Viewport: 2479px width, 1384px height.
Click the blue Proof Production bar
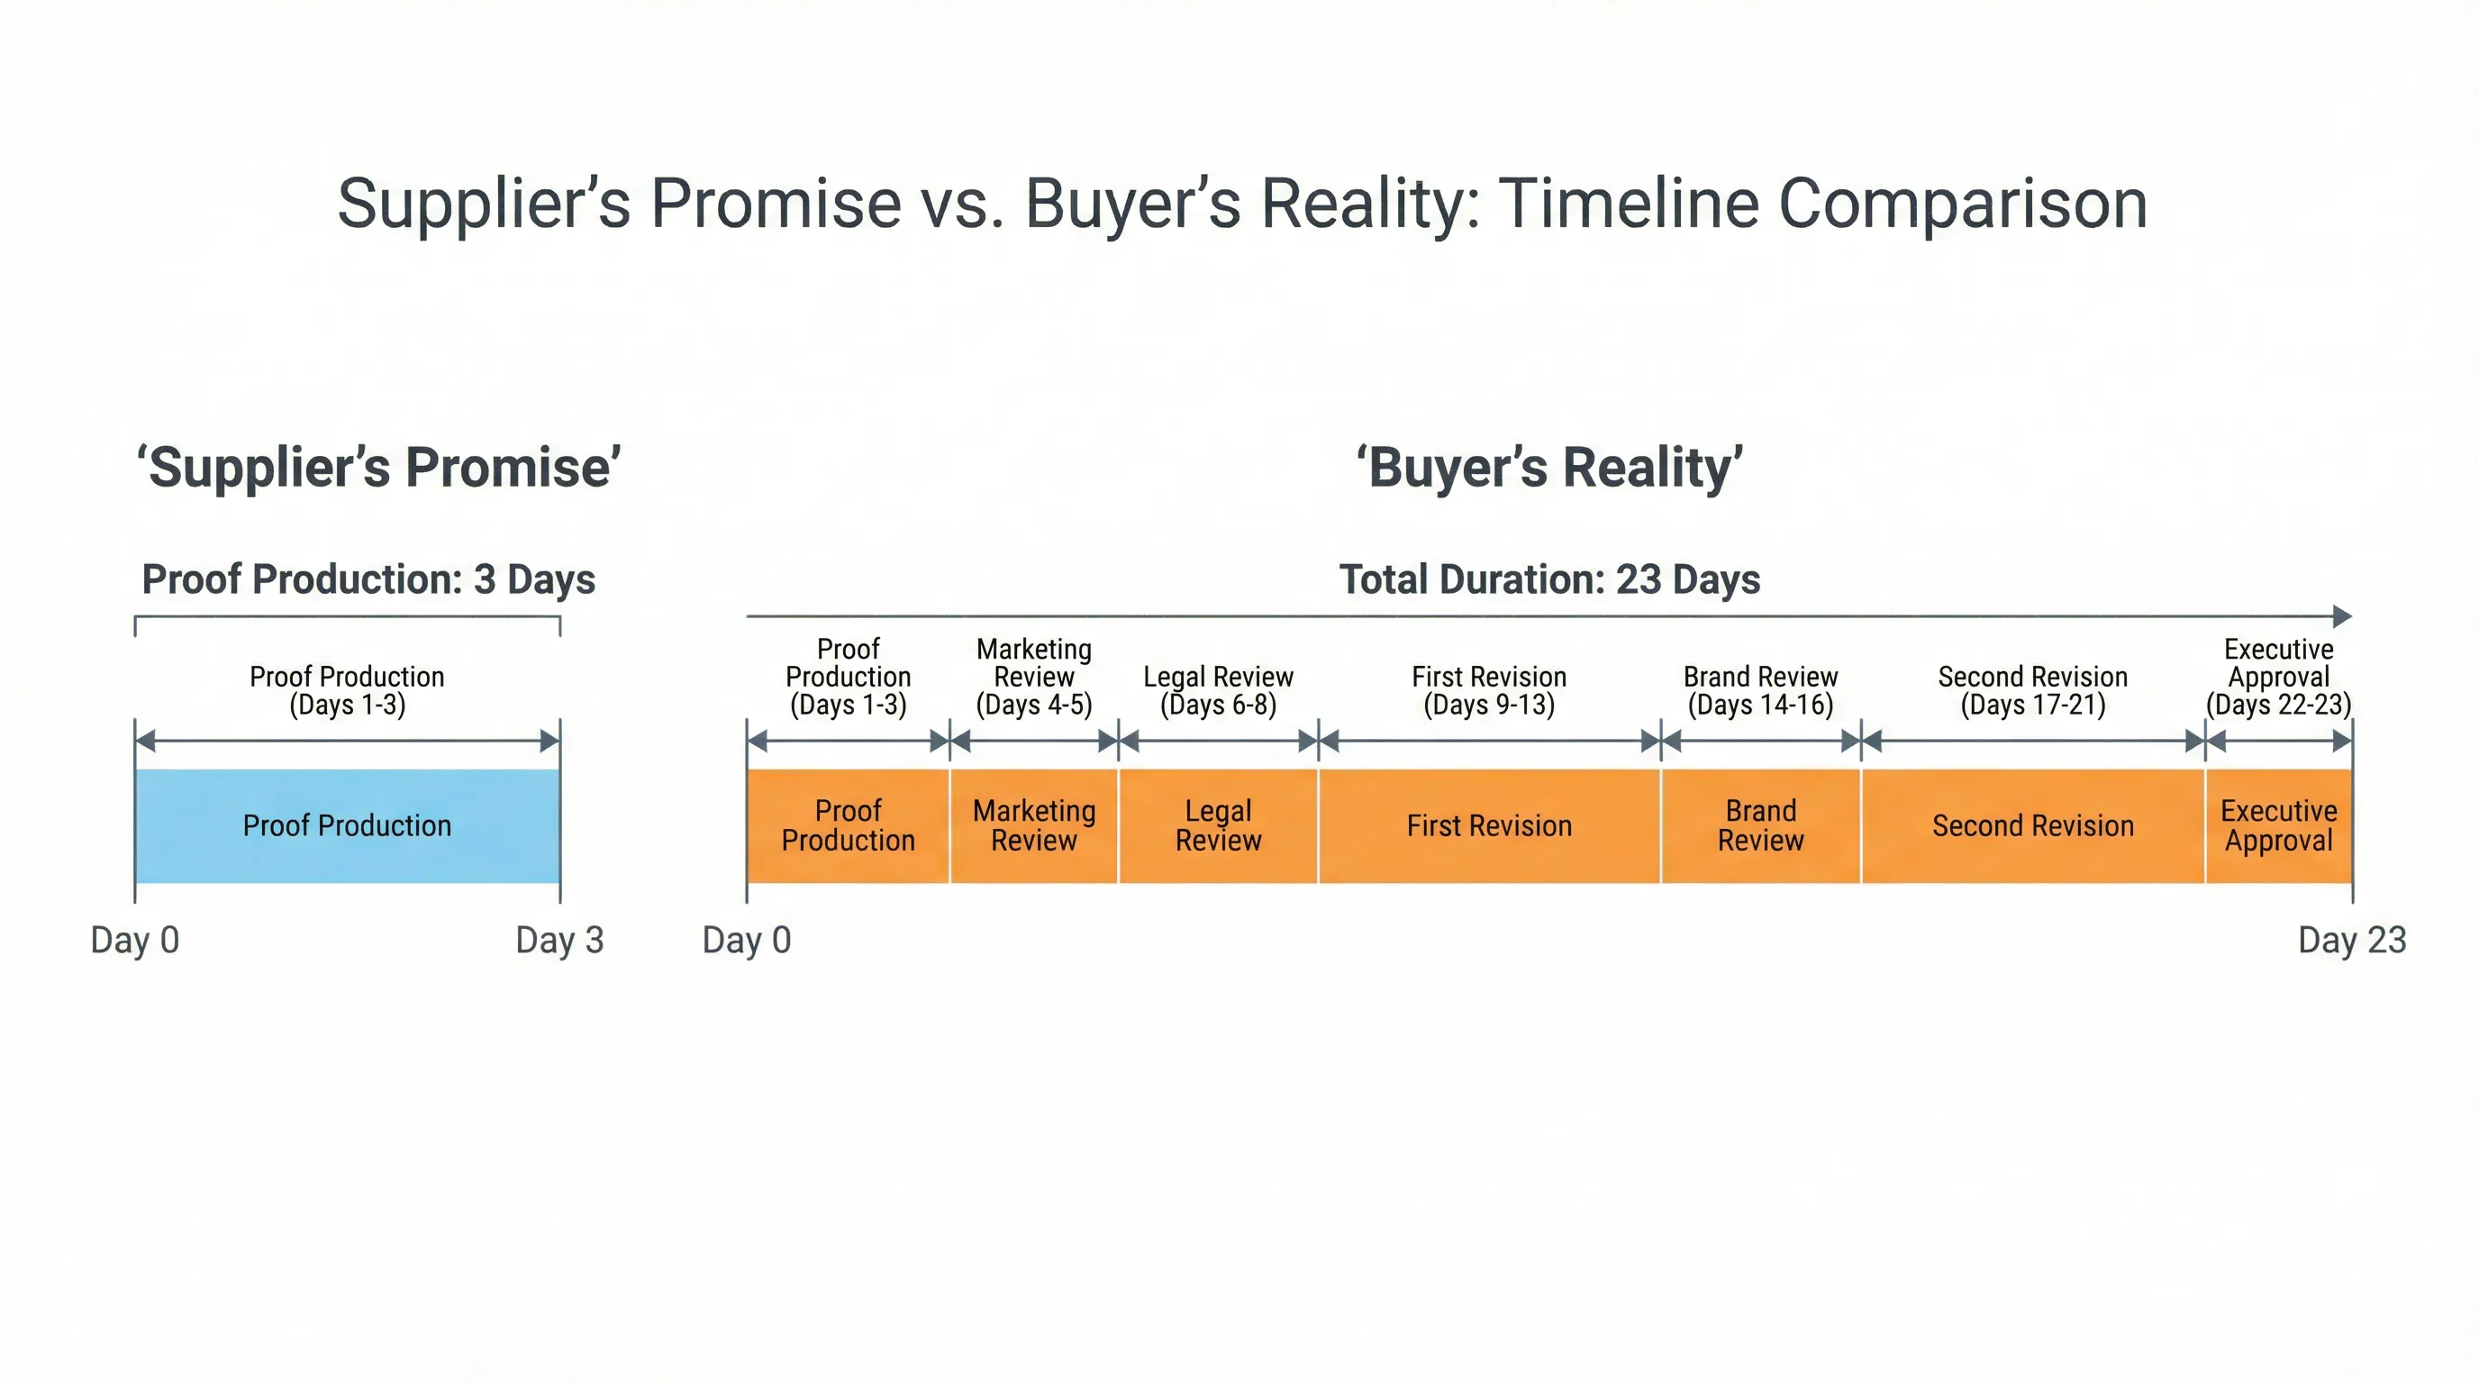[x=347, y=825]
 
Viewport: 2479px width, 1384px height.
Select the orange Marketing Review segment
[x=1033, y=825]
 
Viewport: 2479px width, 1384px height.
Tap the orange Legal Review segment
[x=1217, y=825]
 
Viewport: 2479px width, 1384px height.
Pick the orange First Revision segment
[x=1489, y=825]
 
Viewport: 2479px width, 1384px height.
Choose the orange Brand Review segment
[x=1760, y=825]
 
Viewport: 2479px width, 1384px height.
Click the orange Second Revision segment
[x=2032, y=825]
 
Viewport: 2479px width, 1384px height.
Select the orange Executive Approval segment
[x=2278, y=825]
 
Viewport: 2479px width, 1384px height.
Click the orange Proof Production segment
[x=848, y=825]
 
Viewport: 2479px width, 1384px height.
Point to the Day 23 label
[x=2351, y=941]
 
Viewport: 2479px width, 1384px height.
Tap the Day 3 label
[x=559, y=941]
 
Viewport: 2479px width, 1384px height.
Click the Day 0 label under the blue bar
[x=135, y=941]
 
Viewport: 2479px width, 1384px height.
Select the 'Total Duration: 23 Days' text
[x=1549, y=579]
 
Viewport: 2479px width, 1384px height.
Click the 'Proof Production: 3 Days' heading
[x=368, y=579]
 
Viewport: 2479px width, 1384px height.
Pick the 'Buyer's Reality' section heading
[x=1549, y=468]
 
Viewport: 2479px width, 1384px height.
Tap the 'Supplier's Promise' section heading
[x=378, y=468]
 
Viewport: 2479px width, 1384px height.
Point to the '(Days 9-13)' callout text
[x=1489, y=706]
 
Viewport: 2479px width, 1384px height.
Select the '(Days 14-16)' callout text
[x=1760, y=706]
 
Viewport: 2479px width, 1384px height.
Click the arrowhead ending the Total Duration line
[x=2343, y=616]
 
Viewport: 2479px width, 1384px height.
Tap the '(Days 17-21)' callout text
[x=2032, y=706]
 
